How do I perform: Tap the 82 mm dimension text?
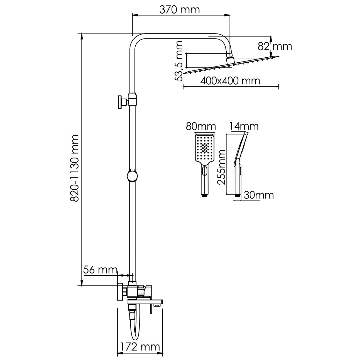275,47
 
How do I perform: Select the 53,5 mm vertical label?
178,61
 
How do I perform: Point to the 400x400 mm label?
230,81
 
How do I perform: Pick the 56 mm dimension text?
100,270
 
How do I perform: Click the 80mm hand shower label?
200,127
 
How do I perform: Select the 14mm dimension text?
244,126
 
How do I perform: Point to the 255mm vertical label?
221,167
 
